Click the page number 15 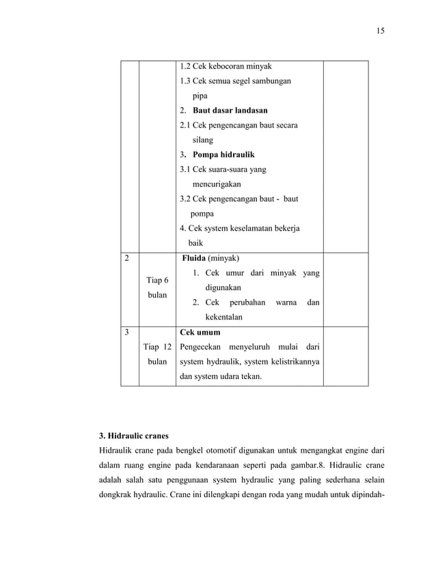coord(380,31)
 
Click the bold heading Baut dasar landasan coord(230,110)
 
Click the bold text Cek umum coord(200,333)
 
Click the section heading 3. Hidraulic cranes coord(134,435)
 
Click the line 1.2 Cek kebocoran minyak coord(226,66)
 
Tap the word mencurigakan coord(215,184)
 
